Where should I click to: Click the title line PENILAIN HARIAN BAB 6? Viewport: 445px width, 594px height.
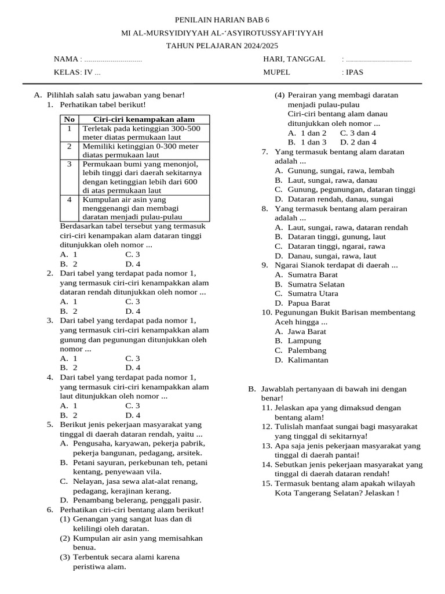pyautogui.click(x=222, y=19)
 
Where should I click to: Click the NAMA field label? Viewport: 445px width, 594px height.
pyautogui.click(x=65, y=59)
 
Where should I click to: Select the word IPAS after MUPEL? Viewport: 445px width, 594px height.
pyautogui.click(x=355, y=73)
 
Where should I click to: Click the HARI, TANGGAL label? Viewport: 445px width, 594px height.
pyautogui.click(x=294, y=59)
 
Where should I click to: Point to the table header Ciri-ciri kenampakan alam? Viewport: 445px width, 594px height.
pyautogui.click(x=144, y=119)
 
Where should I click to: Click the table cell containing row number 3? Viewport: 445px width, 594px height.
pyautogui.click(x=69, y=164)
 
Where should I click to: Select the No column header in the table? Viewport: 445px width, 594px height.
pyautogui.click(x=69, y=119)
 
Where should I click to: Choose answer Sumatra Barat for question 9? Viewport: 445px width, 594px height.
pyautogui.click(x=313, y=275)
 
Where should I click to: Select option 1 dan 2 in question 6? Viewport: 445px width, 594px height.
pyautogui.click(x=313, y=133)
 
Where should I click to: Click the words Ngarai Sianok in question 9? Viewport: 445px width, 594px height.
pyautogui.click(x=299, y=265)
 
